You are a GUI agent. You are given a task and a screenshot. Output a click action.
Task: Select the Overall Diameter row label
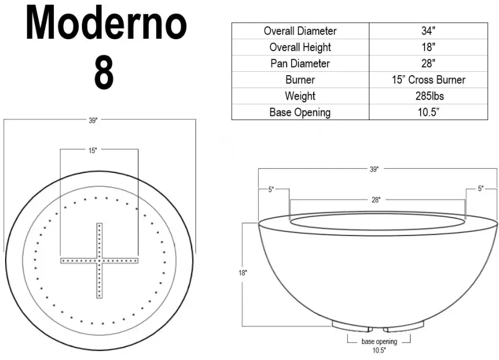300,31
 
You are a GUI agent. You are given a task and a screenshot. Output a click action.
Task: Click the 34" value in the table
428,31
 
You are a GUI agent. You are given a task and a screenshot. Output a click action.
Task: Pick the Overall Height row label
300,47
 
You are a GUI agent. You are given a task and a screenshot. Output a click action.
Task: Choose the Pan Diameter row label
300,64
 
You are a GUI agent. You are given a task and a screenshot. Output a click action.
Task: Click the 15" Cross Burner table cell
428,80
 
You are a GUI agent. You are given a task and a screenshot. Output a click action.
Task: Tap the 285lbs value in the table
428,96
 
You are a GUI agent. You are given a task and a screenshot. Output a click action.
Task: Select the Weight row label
300,96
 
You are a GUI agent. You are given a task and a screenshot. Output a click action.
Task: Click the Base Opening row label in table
300,112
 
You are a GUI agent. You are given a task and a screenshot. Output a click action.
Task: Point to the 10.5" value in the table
428,112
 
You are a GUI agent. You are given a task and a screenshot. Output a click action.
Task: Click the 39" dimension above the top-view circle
93,120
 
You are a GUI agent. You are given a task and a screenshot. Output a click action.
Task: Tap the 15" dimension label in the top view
93,150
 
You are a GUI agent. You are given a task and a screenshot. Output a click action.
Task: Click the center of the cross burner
99,260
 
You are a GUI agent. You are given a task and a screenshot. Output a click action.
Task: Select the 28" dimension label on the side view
376,200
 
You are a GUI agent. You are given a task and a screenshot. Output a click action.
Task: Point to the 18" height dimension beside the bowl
243,273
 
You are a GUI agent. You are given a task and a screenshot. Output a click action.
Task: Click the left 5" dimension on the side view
271,189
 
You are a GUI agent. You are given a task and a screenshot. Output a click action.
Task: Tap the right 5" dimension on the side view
481,189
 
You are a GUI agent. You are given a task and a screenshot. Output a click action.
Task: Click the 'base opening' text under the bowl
379,342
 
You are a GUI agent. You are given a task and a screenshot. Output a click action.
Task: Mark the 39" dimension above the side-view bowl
374,169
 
